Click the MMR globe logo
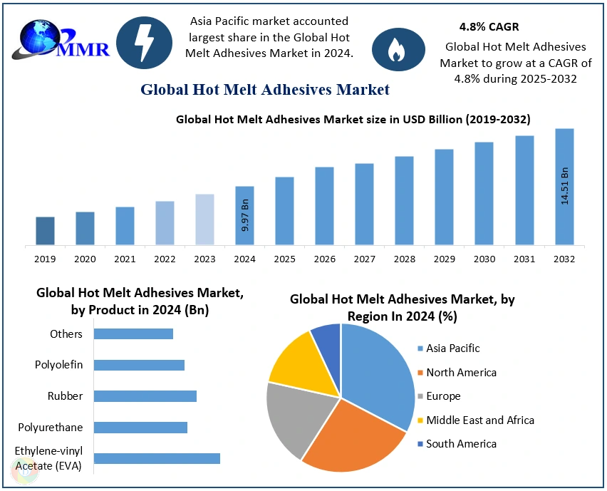point(61,41)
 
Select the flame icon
point(395,48)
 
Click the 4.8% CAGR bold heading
point(489,27)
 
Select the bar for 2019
point(45,231)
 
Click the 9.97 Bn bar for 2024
point(244,215)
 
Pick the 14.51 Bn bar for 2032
point(564,187)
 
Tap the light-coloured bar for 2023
point(204,219)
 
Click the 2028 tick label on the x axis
point(404,259)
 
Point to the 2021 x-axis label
point(125,259)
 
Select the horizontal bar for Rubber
point(145,396)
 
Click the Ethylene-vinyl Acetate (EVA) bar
point(157,458)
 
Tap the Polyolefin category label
point(59,365)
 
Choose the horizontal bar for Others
point(133,334)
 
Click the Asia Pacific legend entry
point(452,348)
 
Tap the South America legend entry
point(460,444)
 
